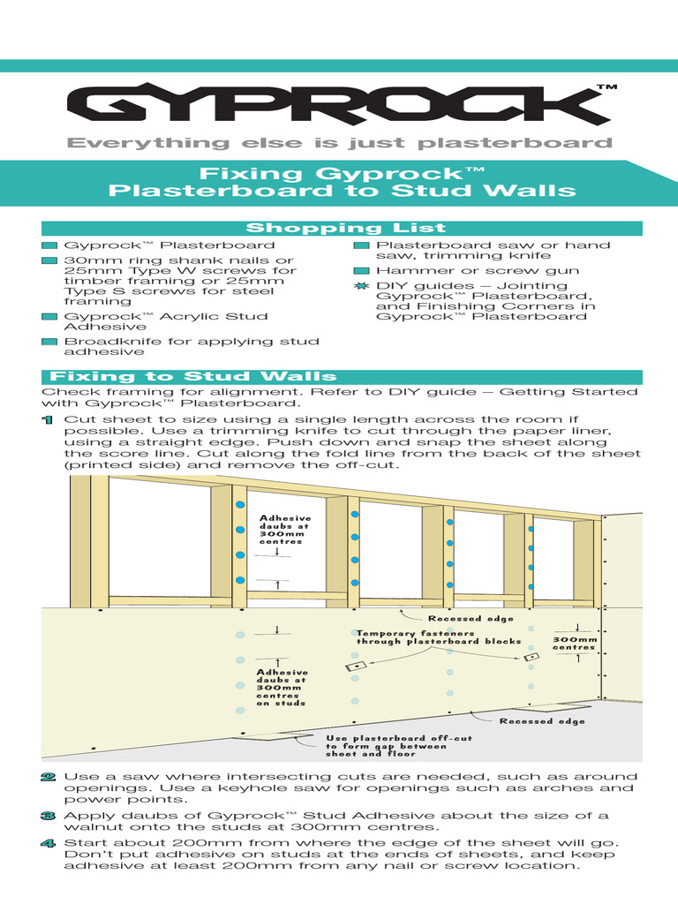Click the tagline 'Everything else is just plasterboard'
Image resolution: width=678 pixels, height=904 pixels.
pyautogui.click(x=341, y=143)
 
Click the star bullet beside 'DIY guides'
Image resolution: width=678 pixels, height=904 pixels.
pyautogui.click(x=360, y=286)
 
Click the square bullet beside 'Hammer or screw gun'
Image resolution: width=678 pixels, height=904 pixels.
pyautogui.click(x=360, y=271)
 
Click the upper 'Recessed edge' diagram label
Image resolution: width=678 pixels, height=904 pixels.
pyautogui.click(x=459, y=619)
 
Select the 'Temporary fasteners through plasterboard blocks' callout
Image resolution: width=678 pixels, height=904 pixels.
pyautogui.click(x=438, y=637)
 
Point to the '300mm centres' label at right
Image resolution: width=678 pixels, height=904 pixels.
pyautogui.click(x=575, y=644)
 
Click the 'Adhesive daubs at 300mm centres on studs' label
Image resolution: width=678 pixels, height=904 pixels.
pyautogui.click(x=281, y=687)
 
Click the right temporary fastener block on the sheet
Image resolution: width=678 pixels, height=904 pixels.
pyautogui.click(x=531, y=658)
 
